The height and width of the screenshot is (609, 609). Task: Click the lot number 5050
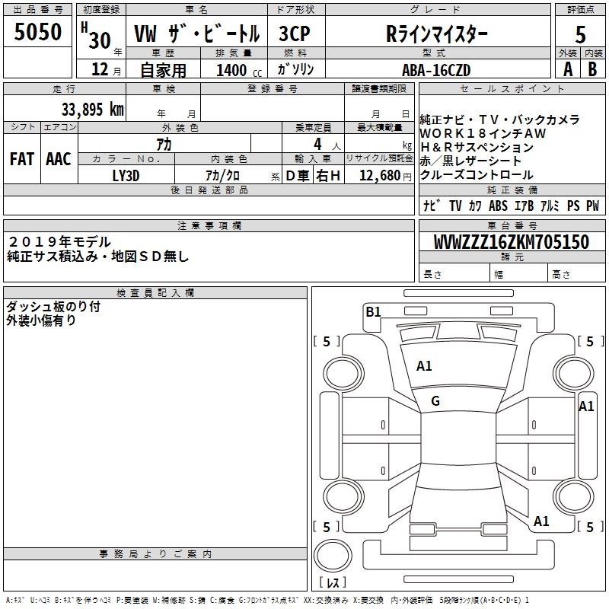point(38,31)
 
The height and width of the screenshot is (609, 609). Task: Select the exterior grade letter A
point(567,69)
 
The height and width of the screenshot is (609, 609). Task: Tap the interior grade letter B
point(593,69)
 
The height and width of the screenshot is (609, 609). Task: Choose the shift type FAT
point(21,159)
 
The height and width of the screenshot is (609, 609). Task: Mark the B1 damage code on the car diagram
point(373,311)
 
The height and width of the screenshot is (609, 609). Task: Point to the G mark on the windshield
point(435,401)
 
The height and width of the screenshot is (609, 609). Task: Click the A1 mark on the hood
point(424,366)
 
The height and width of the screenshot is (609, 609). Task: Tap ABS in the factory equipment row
point(499,206)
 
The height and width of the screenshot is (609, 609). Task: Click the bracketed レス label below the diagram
point(332,584)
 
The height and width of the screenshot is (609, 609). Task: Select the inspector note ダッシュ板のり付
point(53,307)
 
